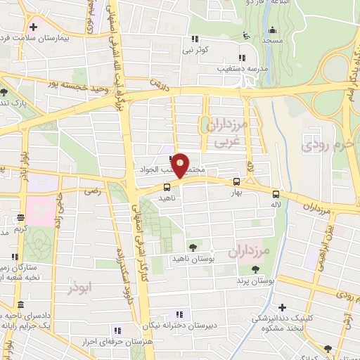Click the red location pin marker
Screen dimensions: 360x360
(181, 165)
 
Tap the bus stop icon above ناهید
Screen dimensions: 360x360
(167, 187)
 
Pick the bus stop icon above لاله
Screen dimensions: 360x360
(276, 194)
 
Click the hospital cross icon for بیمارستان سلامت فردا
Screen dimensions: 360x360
(33, 27)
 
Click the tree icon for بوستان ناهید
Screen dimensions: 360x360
(193, 247)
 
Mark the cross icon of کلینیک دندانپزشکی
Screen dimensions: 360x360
(282, 307)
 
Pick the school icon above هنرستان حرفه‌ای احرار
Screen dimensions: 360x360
(117, 330)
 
